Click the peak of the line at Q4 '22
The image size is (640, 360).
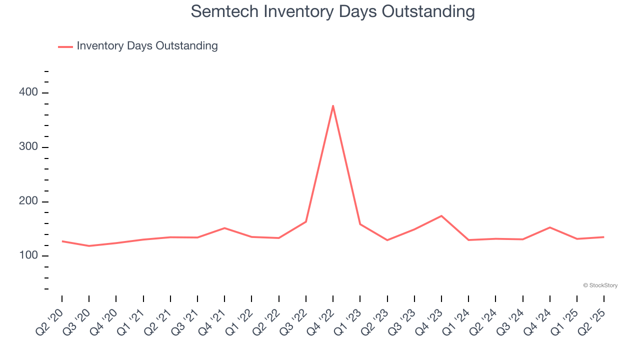(333, 105)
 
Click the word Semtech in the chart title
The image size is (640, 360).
(225, 11)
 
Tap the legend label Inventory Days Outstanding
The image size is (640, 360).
(147, 46)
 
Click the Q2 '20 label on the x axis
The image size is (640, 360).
(49, 322)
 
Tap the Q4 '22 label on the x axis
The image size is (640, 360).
(320, 322)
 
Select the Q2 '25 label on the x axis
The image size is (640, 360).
(591, 322)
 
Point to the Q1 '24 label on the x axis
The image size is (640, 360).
(455, 322)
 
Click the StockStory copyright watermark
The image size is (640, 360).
(600, 285)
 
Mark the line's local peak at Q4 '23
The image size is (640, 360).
(441, 216)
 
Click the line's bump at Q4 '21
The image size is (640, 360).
(224, 228)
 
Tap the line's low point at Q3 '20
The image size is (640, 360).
(89, 246)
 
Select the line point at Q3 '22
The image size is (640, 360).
(306, 221)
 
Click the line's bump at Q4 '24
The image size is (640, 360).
(550, 227)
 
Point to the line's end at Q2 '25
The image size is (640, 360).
(604, 237)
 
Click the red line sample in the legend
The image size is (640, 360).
(65, 46)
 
